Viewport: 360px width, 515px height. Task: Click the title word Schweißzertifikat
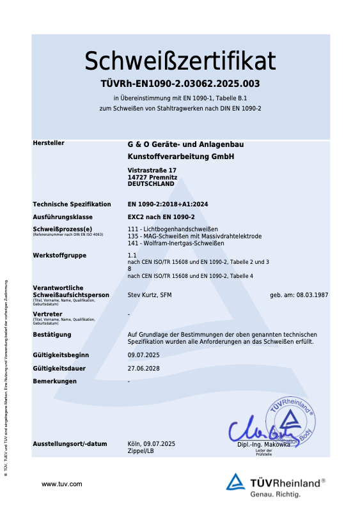(180, 61)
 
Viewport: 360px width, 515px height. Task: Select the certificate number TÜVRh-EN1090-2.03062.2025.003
(180, 84)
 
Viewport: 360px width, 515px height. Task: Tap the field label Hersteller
(49, 143)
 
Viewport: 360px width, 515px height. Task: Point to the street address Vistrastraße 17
(152, 170)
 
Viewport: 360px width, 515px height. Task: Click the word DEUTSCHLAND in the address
(151, 183)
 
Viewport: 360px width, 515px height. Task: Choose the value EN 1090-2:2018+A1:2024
(168, 204)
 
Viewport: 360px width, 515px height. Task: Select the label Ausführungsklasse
(62, 217)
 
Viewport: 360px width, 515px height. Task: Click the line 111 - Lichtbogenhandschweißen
(173, 229)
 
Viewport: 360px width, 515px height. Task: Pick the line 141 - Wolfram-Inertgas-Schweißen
(176, 243)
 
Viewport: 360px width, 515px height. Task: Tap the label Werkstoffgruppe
(59, 256)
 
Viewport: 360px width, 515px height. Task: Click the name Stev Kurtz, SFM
(150, 295)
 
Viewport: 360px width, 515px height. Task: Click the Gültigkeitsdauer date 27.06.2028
(143, 368)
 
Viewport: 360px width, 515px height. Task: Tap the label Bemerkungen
(54, 381)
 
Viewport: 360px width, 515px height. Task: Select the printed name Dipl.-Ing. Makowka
(263, 444)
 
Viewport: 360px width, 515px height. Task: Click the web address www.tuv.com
(62, 484)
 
